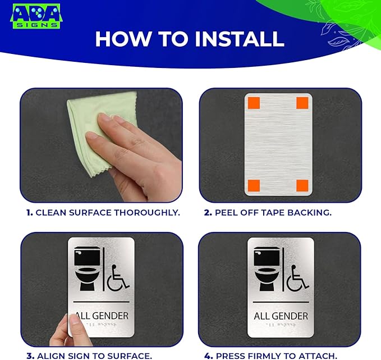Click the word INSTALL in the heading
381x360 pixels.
pos(239,38)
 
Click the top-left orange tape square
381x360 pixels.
pos(253,103)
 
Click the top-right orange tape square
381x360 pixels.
pos(302,103)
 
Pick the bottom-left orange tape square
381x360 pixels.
pos(253,185)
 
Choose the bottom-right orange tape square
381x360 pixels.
pos(302,185)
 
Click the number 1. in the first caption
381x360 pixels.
pos(29,213)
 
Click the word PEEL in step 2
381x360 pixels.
pos(226,213)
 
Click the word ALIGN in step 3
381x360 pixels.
pos(49,356)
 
